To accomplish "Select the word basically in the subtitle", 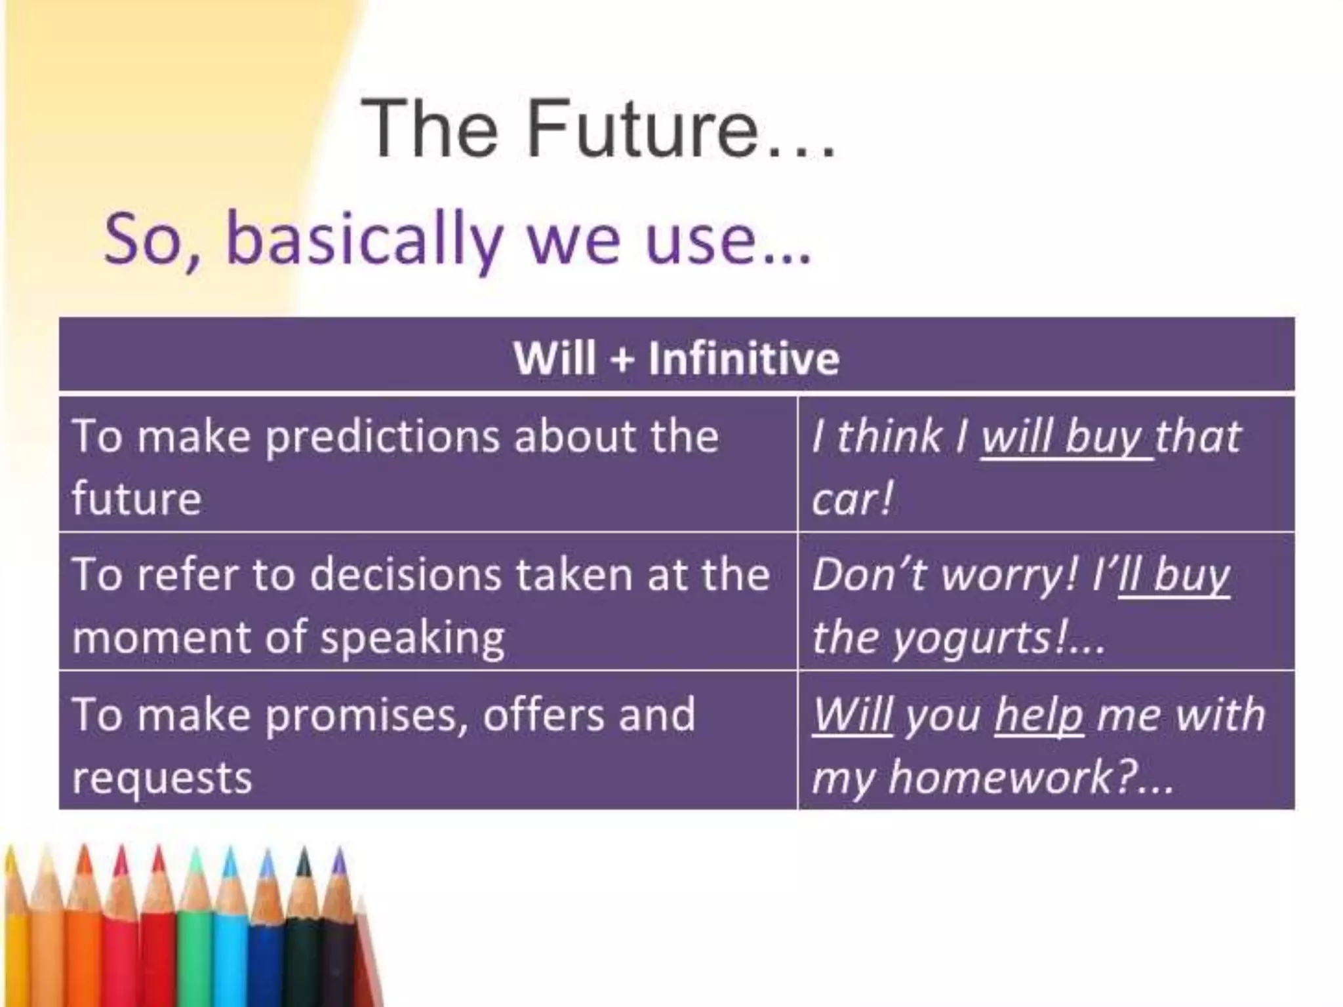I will coord(365,239).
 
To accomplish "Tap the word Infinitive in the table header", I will coord(744,358).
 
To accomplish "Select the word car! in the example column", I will coord(852,498).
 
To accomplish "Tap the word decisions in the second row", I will coord(406,574).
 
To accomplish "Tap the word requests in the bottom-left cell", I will coord(162,778).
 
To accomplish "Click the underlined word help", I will coord(1038,714).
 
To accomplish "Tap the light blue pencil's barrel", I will coord(230,951).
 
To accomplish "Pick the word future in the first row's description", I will coord(136,498).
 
